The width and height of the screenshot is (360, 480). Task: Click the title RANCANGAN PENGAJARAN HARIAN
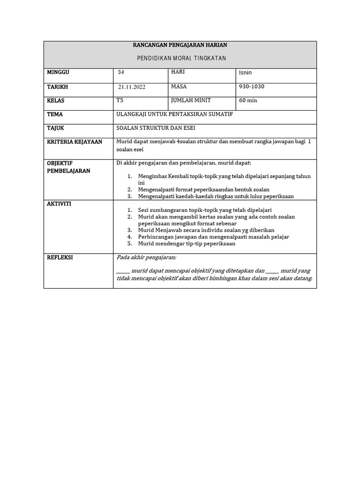(180, 45)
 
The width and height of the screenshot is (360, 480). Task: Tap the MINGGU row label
(58, 73)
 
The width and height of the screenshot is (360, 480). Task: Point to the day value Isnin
(246, 73)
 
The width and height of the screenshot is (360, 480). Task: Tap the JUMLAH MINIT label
(191, 100)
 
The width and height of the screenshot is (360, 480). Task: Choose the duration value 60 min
(248, 100)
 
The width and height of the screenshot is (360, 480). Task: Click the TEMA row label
(55, 114)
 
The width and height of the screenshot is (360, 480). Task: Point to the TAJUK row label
(55, 128)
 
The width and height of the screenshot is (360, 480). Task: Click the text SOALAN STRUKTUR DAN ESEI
(155, 128)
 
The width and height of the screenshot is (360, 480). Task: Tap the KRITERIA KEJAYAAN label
(75, 142)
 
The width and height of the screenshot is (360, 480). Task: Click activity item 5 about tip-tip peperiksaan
(187, 244)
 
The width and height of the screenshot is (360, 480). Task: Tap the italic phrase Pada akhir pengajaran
(146, 258)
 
